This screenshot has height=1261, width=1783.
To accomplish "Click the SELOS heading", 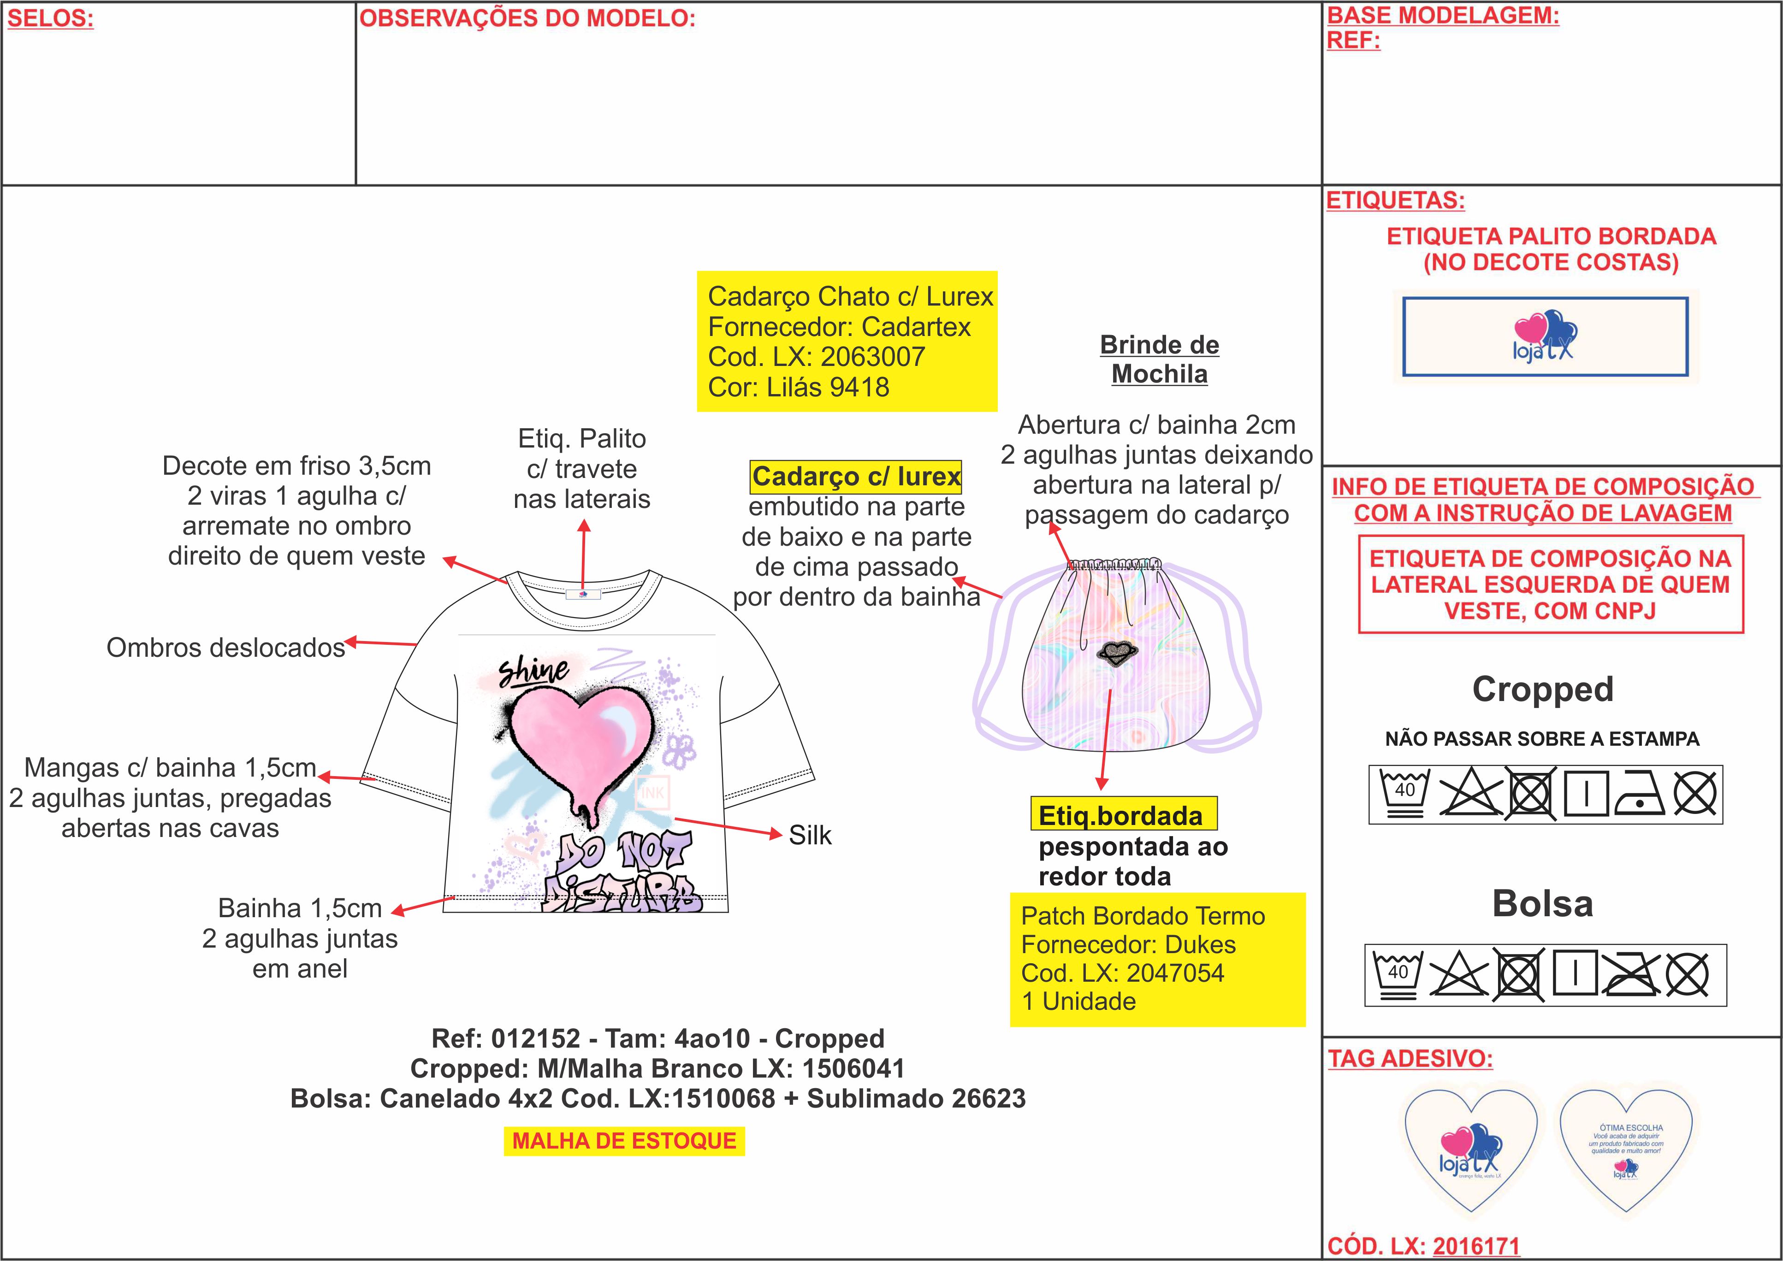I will click(50, 18).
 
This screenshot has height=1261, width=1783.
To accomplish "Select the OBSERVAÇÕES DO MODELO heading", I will click(527, 18).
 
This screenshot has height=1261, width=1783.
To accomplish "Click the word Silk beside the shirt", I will click(810, 836).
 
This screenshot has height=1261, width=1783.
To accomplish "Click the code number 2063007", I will click(873, 357).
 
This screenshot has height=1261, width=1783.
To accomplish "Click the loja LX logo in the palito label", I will click(1544, 336).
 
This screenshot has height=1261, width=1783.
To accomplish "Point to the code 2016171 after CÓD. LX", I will click(1475, 1246).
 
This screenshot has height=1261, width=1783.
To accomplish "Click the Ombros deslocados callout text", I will click(225, 648).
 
